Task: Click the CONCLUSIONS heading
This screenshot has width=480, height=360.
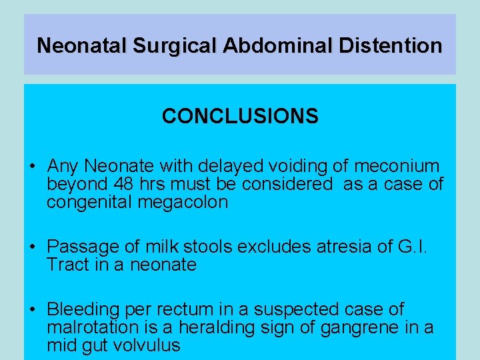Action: [240, 117]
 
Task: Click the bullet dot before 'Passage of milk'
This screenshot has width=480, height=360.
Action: [31, 247]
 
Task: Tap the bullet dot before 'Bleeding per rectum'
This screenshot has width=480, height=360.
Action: [31, 310]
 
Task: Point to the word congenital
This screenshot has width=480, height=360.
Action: [90, 203]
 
